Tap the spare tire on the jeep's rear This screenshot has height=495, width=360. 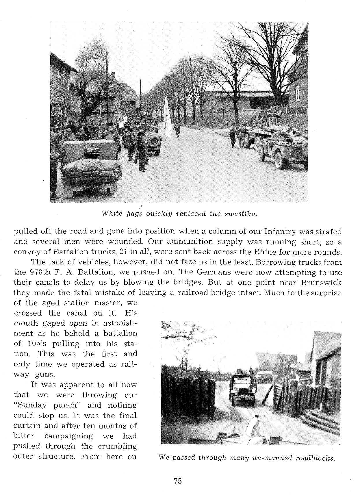click(x=154, y=141)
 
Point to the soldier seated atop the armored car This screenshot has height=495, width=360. click(x=276, y=111)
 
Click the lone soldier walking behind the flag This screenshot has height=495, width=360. click(x=177, y=129)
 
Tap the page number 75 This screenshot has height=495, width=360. click(x=178, y=481)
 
